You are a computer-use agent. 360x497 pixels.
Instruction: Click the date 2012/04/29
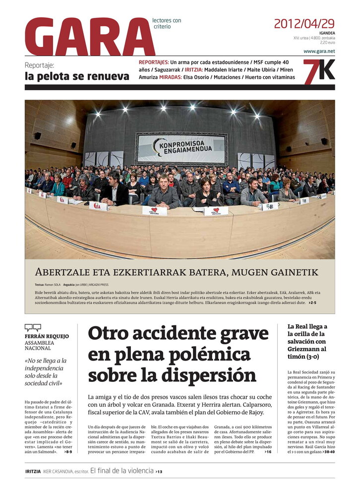point(304,23)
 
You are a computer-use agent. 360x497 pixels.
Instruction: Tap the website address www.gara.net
point(319,51)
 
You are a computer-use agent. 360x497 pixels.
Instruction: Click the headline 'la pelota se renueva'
point(77,76)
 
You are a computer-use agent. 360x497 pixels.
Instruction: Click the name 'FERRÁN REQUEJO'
point(47,336)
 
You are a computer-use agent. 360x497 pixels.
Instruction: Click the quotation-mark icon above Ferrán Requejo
point(33,327)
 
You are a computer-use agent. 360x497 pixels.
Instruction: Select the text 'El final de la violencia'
point(121,471)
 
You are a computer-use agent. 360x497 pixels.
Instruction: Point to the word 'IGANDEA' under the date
point(327,33)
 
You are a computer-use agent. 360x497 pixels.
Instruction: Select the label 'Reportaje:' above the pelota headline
point(39,65)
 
